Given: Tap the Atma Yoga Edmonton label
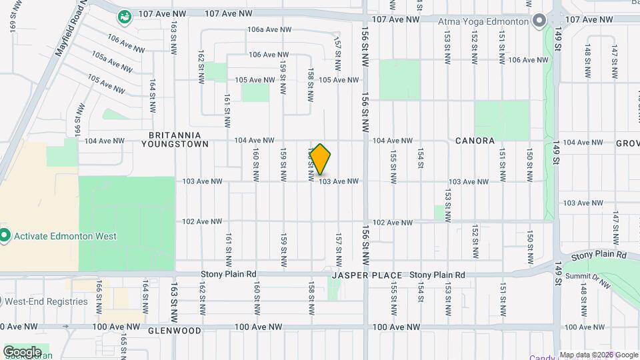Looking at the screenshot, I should point(483,21).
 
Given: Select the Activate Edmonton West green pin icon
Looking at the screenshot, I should point(5,235).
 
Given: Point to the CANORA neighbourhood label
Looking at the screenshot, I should point(475,141).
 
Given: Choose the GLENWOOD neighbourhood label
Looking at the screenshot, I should point(174,331).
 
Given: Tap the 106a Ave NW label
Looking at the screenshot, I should point(269,30).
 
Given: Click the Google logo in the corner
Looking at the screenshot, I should point(22,351).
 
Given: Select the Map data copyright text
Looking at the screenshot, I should point(598,355).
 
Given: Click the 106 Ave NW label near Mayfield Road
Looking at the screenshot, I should point(126,44).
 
